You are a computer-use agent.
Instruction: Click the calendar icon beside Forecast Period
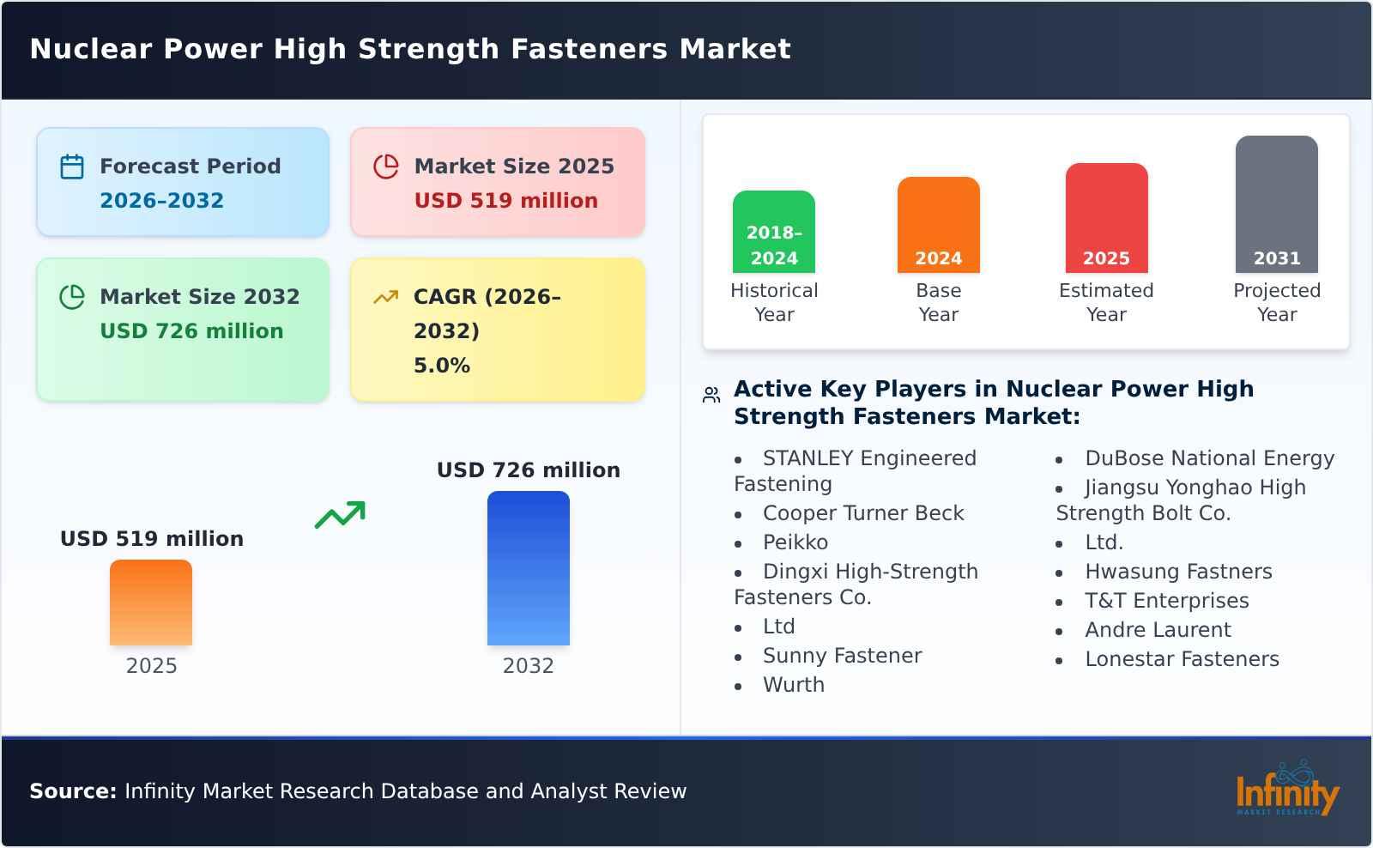pyautogui.click(x=72, y=167)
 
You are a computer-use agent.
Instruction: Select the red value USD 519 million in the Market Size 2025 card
pyautogui.click(x=505, y=201)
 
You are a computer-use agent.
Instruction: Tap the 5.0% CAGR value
pyautogui.click(x=441, y=366)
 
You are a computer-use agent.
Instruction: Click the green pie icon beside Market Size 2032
pyautogui.click(x=72, y=297)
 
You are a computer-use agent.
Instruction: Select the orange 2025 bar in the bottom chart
pyautogui.click(x=151, y=603)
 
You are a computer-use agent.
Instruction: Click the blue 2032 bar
pyautogui.click(x=528, y=568)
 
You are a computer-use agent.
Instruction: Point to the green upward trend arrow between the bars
pyautogui.click(x=340, y=515)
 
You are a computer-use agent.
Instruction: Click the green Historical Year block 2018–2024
pyautogui.click(x=773, y=233)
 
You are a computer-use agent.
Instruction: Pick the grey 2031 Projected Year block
pyautogui.click(x=1276, y=204)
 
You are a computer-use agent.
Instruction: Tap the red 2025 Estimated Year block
pyautogui.click(x=1106, y=219)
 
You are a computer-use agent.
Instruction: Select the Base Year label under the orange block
pyautogui.click(x=938, y=302)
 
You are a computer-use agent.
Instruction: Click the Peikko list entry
pyautogui.click(x=795, y=542)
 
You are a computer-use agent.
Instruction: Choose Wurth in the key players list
pyautogui.click(x=793, y=685)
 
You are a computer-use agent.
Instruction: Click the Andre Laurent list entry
pyautogui.click(x=1157, y=630)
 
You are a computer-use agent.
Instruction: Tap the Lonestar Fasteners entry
pyautogui.click(x=1181, y=659)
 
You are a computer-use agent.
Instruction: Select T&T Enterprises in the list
pyautogui.click(x=1166, y=601)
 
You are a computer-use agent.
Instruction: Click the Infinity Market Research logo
pyautogui.click(x=1286, y=790)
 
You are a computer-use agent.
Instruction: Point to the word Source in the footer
pyautogui.click(x=72, y=791)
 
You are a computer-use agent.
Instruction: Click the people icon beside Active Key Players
pyautogui.click(x=711, y=395)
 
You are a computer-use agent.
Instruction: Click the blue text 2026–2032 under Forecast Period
pyautogui.click(x=161, y=201)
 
